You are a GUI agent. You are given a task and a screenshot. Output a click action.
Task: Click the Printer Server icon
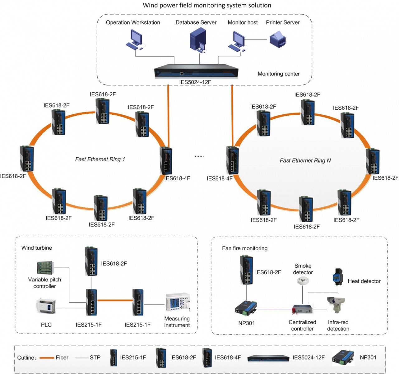(278, 40)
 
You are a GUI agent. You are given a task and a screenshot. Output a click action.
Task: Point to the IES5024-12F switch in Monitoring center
(196, 72)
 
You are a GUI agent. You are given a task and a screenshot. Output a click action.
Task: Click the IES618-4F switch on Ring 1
(166, 161)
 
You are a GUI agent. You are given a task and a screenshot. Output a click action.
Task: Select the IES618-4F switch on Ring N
(232, 160)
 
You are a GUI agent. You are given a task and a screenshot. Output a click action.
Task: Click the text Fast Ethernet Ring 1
(100, 159)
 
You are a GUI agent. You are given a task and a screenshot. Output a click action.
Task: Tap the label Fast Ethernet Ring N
(305, 161)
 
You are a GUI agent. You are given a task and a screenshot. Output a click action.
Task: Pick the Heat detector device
(337, 276)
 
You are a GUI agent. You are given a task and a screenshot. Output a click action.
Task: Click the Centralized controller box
(302, 310)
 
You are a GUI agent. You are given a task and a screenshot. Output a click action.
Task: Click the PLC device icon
(46, 306)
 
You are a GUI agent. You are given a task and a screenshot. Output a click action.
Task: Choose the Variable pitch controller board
(45, 268)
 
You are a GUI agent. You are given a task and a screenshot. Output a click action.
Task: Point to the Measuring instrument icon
(177, 302)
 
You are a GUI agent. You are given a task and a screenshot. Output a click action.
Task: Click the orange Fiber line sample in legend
(47, 358)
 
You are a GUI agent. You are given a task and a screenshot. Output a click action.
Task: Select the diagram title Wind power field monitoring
(207, 5)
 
